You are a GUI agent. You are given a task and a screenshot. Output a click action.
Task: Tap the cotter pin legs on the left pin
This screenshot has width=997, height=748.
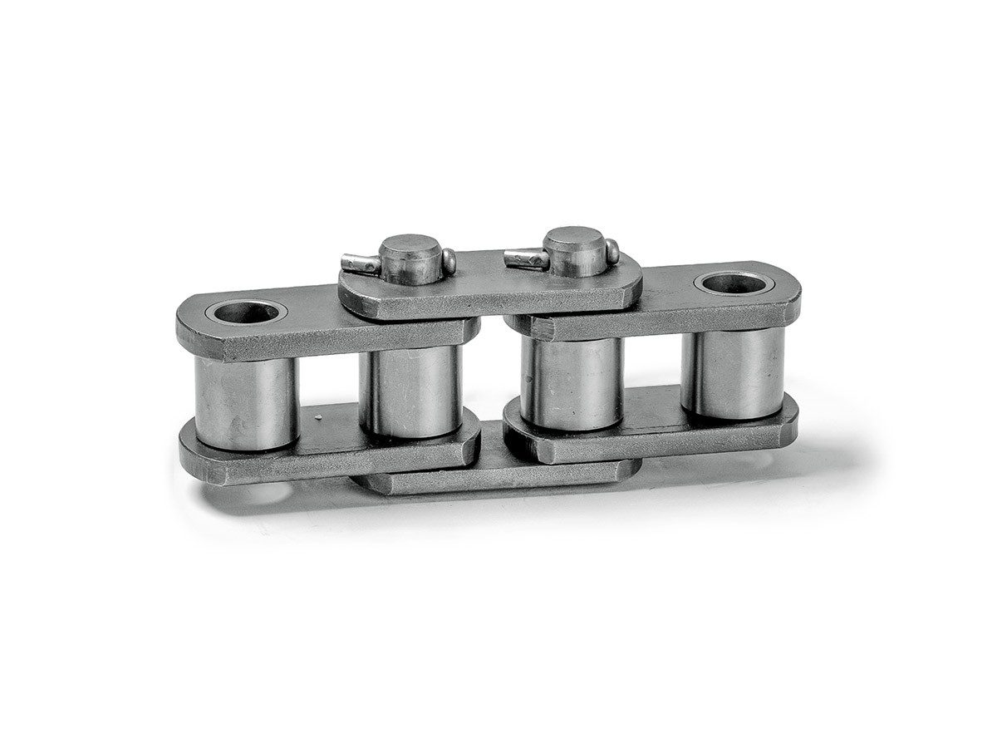[360, 264]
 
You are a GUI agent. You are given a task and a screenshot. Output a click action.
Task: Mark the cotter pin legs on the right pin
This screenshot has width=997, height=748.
[525, 258]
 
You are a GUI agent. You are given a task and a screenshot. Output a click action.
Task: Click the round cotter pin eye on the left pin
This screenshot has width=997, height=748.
[449, 261]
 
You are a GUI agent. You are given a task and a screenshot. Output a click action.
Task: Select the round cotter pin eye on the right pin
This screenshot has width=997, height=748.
[612, 250]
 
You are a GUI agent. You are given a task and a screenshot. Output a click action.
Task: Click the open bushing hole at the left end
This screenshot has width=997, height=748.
[245, 312]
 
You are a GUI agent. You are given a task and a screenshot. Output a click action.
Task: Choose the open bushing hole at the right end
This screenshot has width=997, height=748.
[734, 283]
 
